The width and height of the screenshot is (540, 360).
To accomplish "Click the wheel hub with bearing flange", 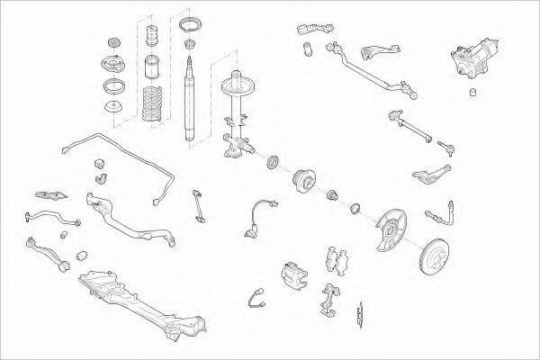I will click(302, 181).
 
